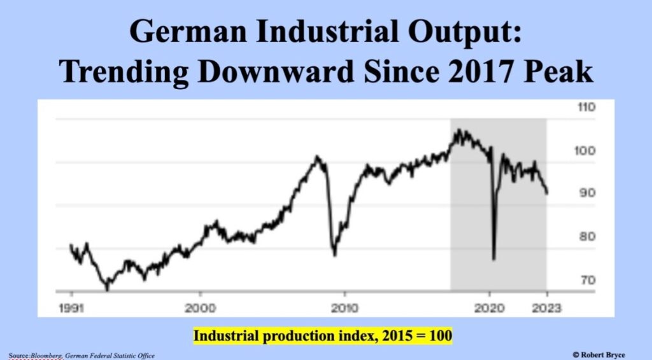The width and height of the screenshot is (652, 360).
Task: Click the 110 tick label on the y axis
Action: (x=586, y=107)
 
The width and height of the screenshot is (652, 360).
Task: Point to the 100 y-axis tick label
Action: (x=586, y=151)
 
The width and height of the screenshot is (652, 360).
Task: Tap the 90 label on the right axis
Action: (x=587, y=193)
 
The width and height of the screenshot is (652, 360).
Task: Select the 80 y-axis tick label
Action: (x=587, y=236)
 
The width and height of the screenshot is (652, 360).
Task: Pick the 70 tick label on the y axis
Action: (x=587, y=280)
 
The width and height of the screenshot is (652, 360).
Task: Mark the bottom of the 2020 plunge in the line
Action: (x=493, y=259)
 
